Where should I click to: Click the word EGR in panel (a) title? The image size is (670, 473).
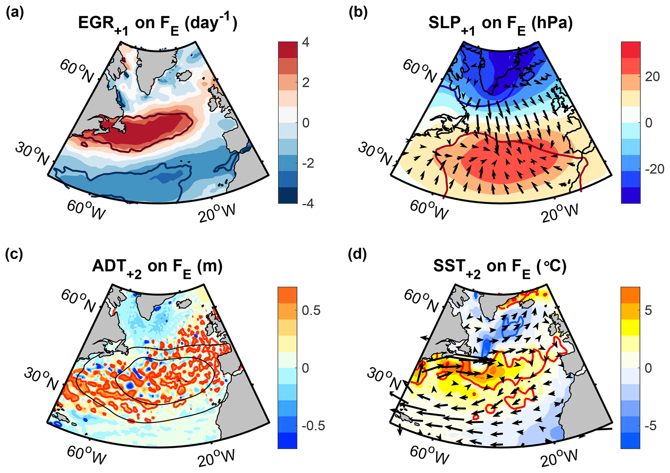94,23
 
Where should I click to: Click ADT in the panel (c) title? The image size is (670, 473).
108,266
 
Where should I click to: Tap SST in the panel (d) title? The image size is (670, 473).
449,266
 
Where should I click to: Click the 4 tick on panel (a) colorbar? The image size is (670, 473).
305,42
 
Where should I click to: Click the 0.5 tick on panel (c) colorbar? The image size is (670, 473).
311,310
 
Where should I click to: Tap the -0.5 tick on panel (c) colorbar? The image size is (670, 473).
313,426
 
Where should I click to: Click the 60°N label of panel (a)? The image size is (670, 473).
77,70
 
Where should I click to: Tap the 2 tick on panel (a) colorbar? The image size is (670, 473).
305,83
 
